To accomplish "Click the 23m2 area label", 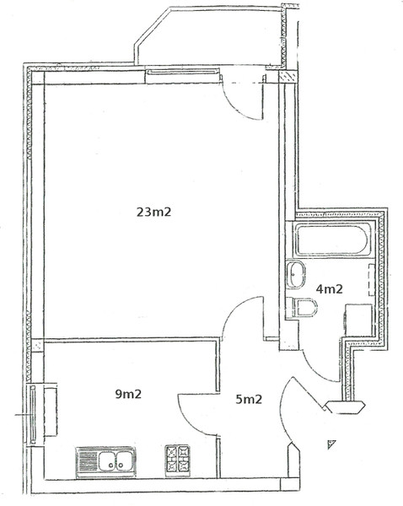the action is coord(153,212).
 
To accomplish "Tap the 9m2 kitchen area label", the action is coord(128,394).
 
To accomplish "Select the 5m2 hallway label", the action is coord(249,400).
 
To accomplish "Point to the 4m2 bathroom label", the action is coord(329,288).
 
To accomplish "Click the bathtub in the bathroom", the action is coord(332,240).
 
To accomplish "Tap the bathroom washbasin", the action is coord(295,274).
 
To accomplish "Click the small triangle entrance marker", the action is coord(331,444).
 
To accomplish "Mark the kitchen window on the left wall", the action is coord(33,414).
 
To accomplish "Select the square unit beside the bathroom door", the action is coord(359,320).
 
